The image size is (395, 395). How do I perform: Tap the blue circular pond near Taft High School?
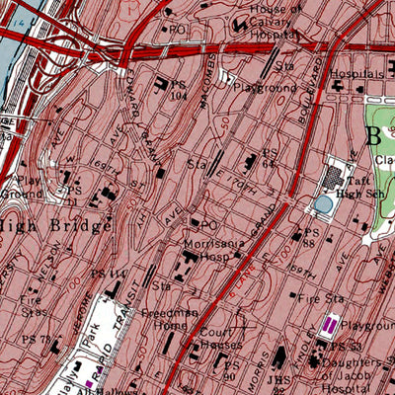pyautogui.click(x=324, y=205)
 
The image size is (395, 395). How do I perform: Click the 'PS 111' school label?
pyautogui.click(x=117, y=273)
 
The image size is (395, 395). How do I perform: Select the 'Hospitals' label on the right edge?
pyautogui.click(x=356, y=73)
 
